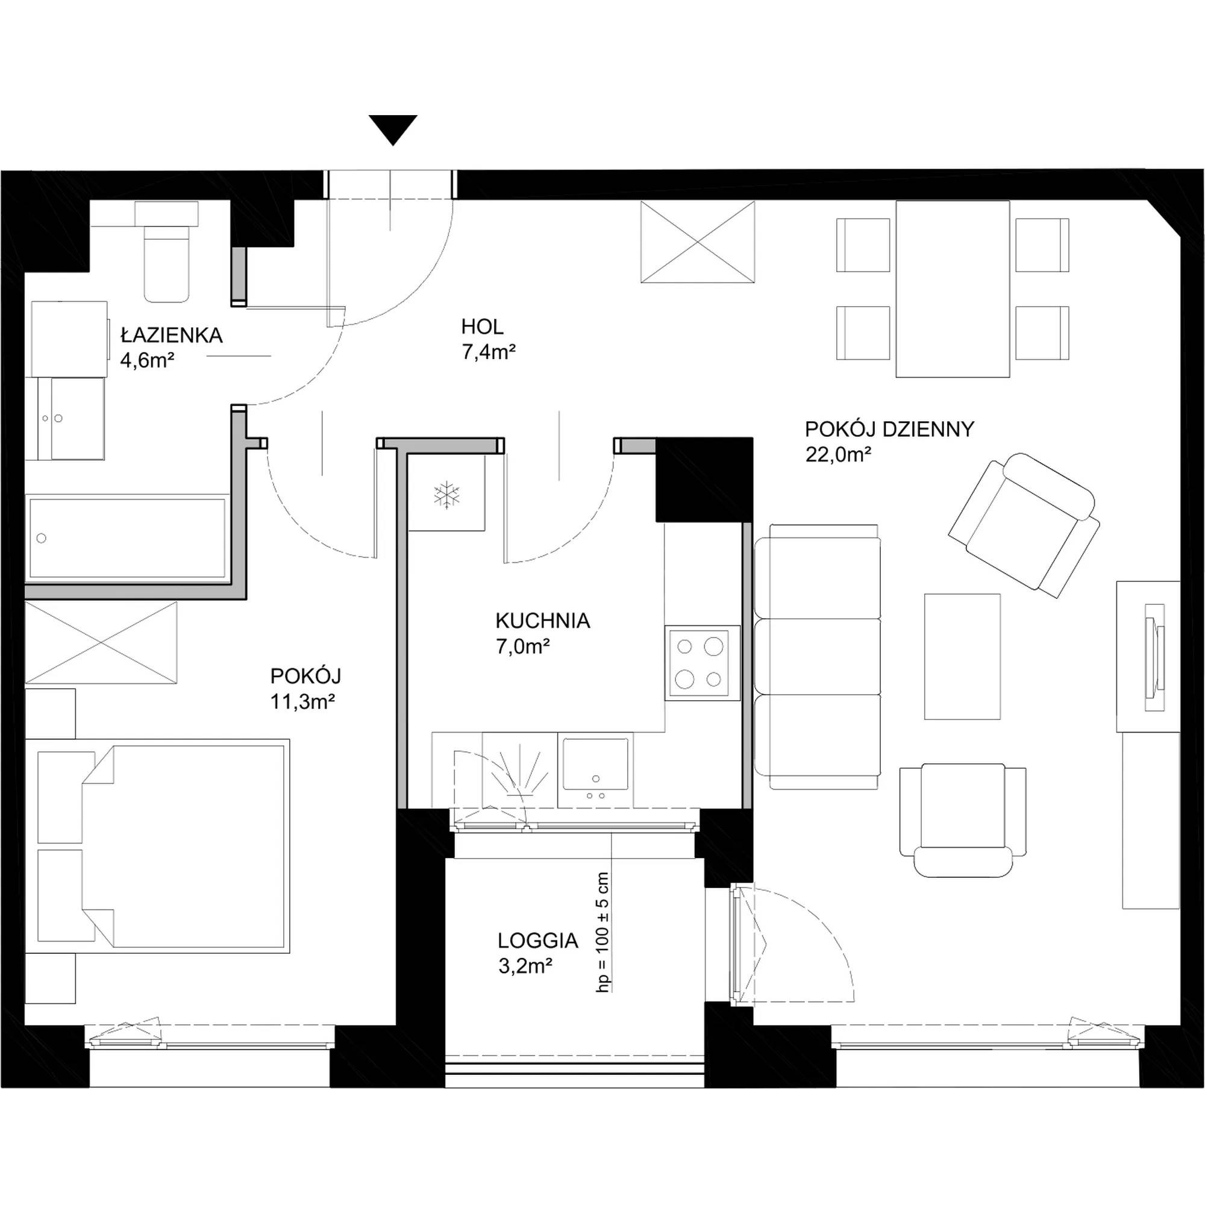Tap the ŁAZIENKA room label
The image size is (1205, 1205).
pyautogui.click(x=172, y=336)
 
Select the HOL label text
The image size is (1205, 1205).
pyautogui.click(x=482, y=326)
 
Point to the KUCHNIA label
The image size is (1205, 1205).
pyautogui.click(x=543, y=621)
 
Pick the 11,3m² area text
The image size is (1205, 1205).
pyautogui.click(x=303, y=703)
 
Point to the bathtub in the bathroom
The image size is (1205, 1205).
pyautogui.click(x=127, y=538)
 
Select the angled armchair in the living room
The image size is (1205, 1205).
pyautogui.click(x=1024, y=525)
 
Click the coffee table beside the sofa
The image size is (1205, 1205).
pyautogui.click(x=962, y=656)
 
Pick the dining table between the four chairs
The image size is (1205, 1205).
pyautogui.click(x=953, y=289)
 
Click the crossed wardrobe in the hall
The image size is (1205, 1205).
pyautogui.click(x=698, y=242)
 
